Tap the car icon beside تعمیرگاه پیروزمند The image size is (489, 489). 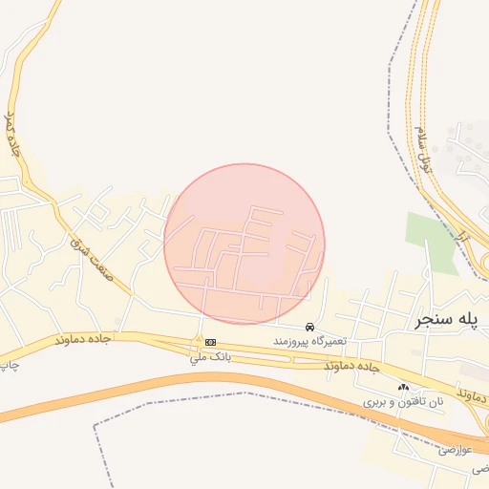tap(309, 327)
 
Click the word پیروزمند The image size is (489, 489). tap(292, 341)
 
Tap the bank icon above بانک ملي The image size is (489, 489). tap(209, 342)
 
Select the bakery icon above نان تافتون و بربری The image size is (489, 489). tap(403, 388)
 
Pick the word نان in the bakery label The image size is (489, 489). tap(436, 403)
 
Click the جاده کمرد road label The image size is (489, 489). tap(12, 134)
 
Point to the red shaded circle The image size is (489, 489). tap(244, 244)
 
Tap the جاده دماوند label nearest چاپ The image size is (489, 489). tap(83, 339)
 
